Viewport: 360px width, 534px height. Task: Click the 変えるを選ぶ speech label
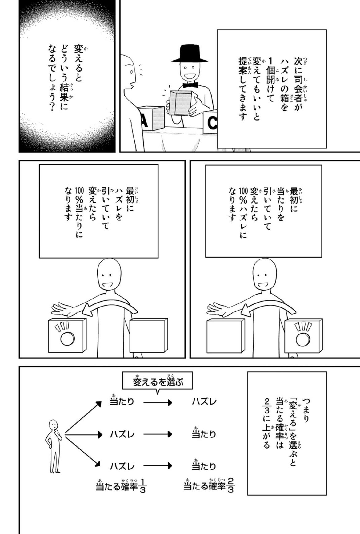pos(158,382)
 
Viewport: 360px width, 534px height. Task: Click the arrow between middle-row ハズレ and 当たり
pos(158,434)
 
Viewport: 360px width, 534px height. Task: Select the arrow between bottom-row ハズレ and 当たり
pos(158,465)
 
